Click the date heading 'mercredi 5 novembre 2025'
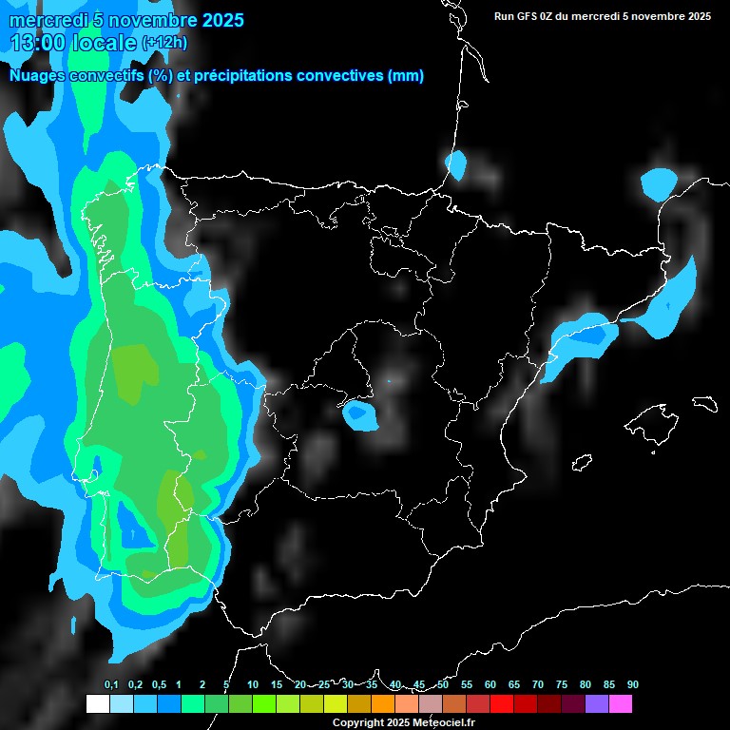tap(126, 20)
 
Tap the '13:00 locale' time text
tap(74, 43)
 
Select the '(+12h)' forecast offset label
tap(164, 43)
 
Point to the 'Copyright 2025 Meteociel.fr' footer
tap(402, 722)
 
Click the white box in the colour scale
tap(97, 703)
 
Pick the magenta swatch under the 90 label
tap(620, 703)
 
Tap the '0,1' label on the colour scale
tap(111, 684)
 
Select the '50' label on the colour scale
tap(443, 684)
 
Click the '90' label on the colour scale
tap(632, 684)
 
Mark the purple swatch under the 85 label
tap(596, 703)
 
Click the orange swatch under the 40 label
tap(382, 703)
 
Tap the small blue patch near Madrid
tap(359, 413)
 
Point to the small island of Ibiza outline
tap(582, 462)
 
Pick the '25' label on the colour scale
tap(324, 684)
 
